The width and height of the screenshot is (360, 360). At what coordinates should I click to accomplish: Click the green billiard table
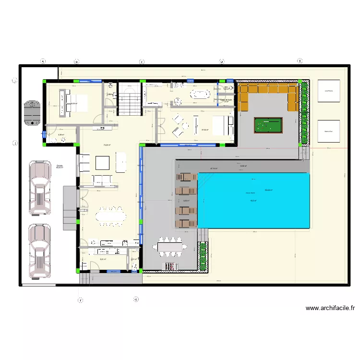pyautogui.click(x=269, y=125)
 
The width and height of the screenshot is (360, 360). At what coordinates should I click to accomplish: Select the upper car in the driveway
pyautogui.click(x=40, y=186)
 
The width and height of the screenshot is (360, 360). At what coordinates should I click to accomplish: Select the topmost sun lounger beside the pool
pyautogui.click(x=187, y=177)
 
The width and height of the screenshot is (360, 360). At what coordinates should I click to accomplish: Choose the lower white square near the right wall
pyautogui.click(x=329, y=131)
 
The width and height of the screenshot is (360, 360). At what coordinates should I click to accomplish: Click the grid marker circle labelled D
pyautogui.click(x=222, y=61)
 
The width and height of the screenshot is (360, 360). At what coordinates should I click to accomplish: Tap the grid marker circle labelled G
pyautogui.click(x=136, y=299)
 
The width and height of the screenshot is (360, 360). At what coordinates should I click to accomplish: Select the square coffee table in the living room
pyautogui.click(x=103, y=163)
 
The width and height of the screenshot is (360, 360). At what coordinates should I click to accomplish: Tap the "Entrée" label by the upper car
pyautogui.click(x=60, y=166)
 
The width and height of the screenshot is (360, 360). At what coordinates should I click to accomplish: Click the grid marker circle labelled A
pyautogui.click(x=43, y=61)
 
